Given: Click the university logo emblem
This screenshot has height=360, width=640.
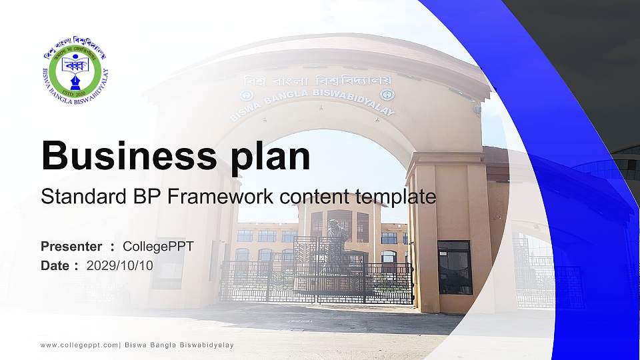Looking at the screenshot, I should click(75, 70).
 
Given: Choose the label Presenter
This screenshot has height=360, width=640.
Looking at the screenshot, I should click(71, 247).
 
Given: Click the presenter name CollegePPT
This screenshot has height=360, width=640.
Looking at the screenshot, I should click(158, 247).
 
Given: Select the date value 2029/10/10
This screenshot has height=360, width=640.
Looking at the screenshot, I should click(119, 265).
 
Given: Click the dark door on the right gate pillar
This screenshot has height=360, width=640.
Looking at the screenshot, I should click(455, 267).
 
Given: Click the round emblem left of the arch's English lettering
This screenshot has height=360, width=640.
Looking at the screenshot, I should click(245, 95).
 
